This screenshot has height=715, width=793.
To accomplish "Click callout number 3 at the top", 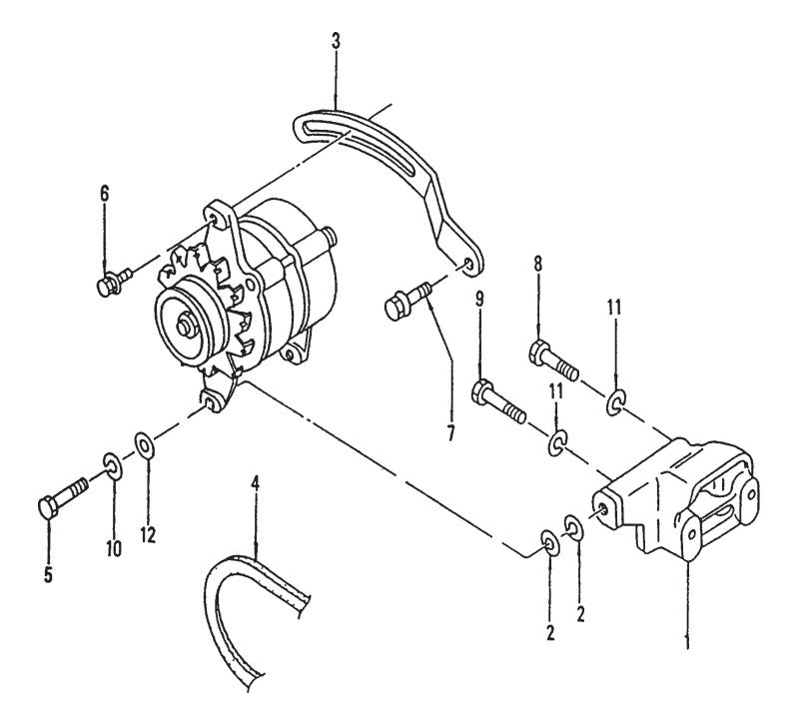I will tap(337, 43).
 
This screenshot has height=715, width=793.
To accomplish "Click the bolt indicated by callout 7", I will tap(403, 300).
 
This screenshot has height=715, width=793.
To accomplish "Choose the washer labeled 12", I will tap(143, 443).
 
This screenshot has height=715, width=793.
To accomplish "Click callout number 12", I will tap(148, 534).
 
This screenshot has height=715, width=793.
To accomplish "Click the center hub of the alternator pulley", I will tap(186, 324).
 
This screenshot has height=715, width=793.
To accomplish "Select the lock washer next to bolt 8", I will tap(616, 402).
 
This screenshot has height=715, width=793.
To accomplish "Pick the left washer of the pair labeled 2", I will tap(549, 542).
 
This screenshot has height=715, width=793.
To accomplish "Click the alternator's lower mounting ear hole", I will tap(210, 399).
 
